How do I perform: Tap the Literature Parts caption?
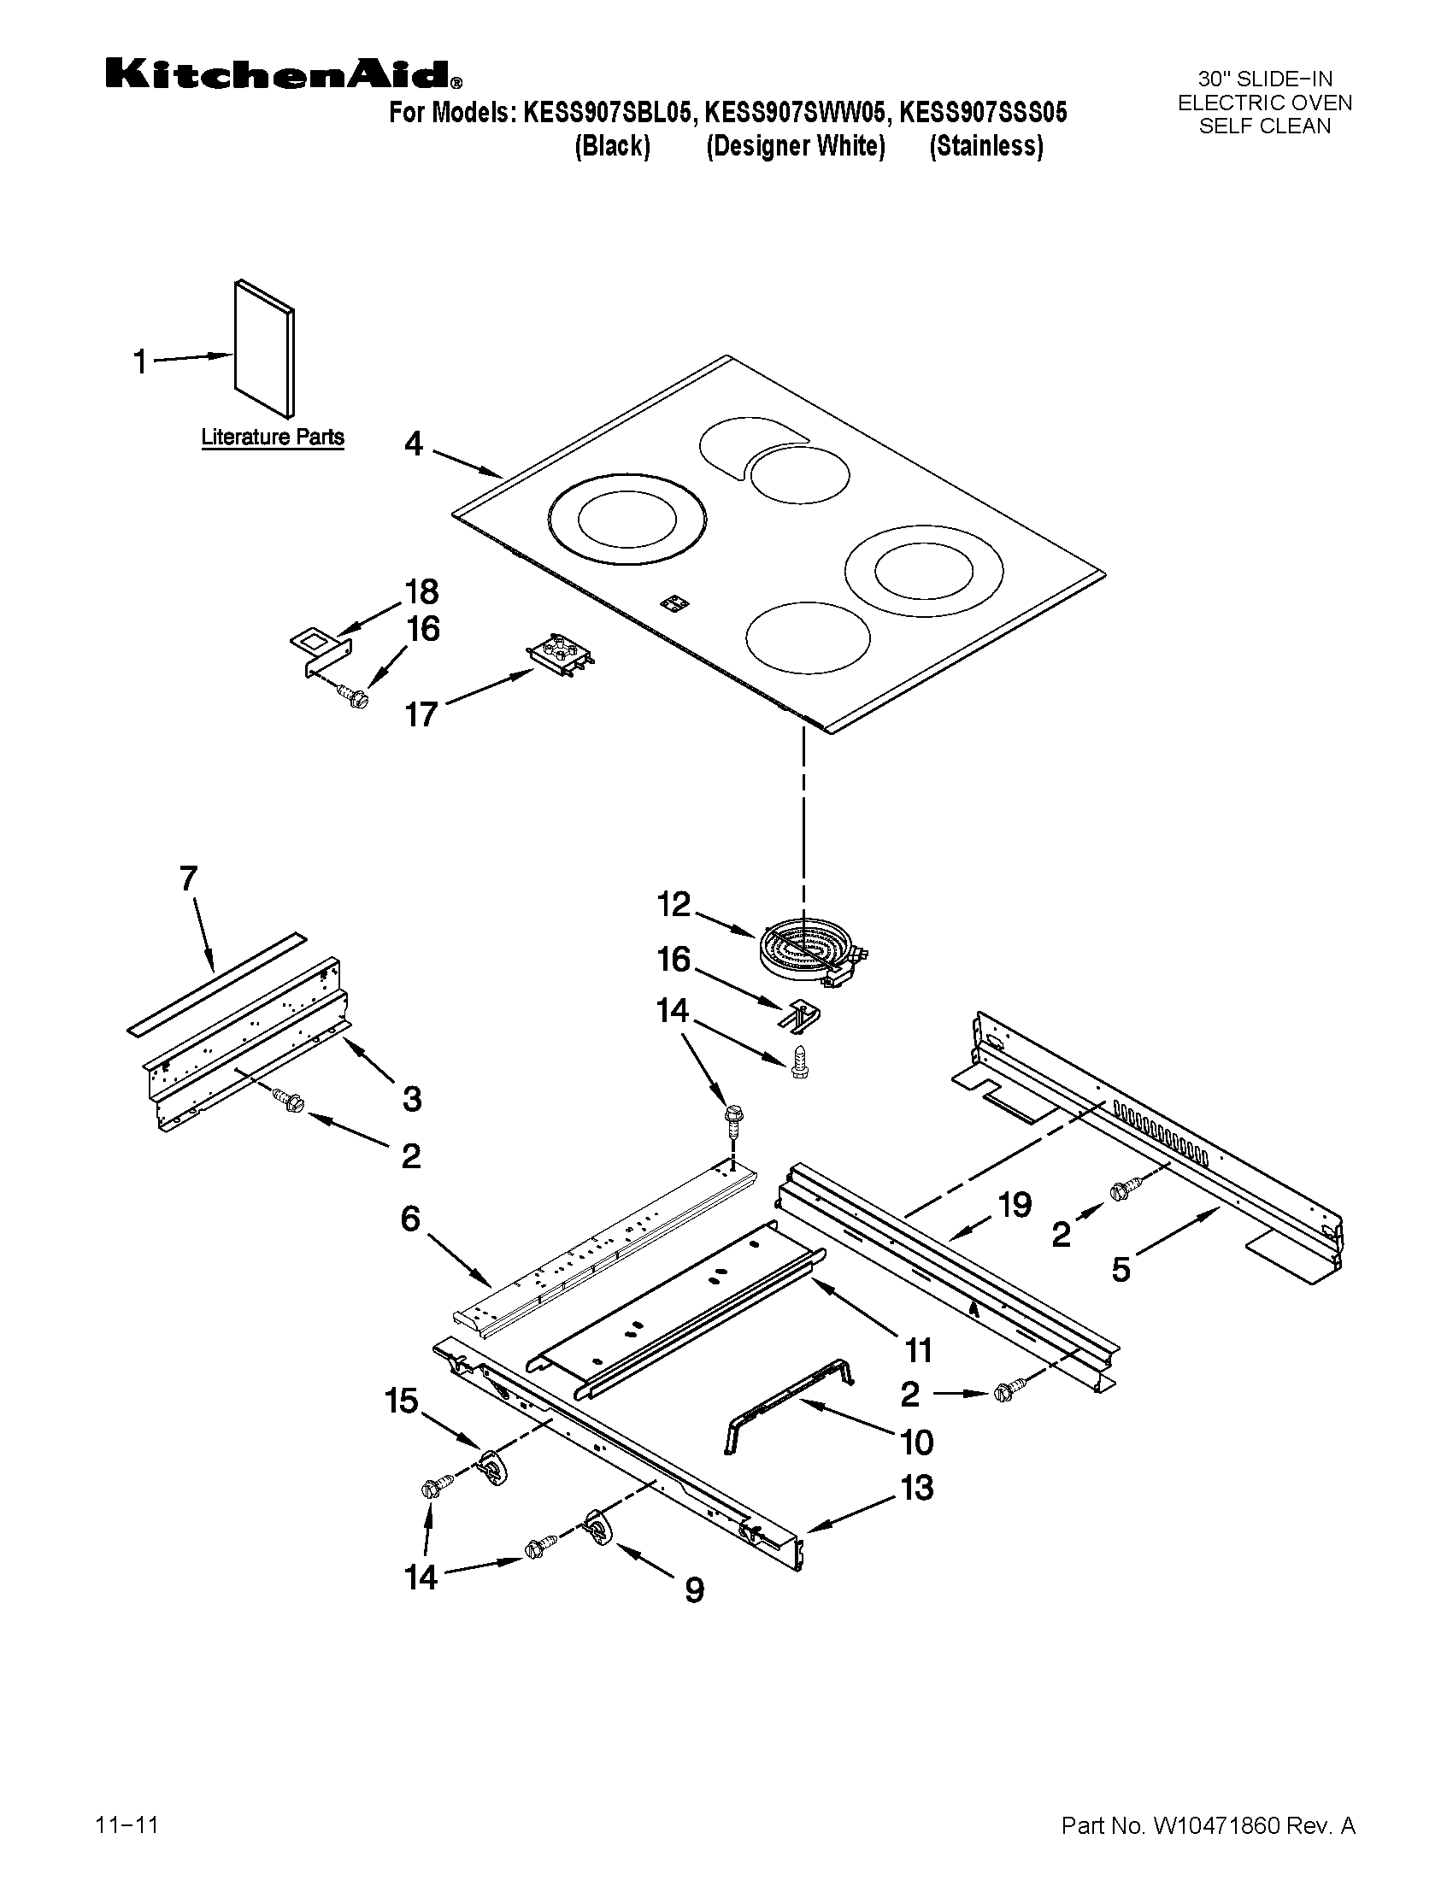coord(272,437)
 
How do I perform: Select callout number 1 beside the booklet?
coord(140,362)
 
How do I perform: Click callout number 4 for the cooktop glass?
coord(414,445)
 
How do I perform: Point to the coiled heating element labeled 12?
coord(812,954)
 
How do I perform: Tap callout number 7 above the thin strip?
coord(189,878)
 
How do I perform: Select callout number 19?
coord(1015,1205)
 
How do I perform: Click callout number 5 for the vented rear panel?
coord(1120,1270)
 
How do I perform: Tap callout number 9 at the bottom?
coord(694,1590)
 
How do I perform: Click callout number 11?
coord(919,1350)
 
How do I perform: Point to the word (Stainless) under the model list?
coord(985,146)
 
